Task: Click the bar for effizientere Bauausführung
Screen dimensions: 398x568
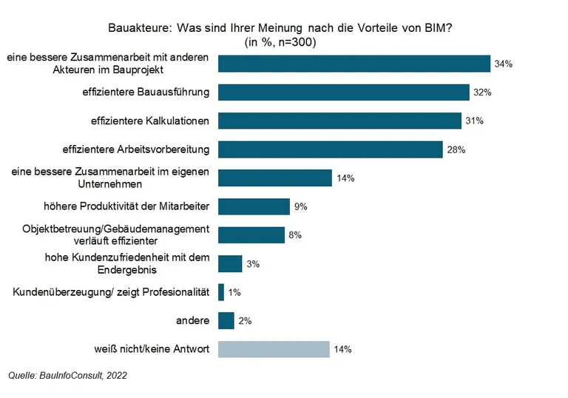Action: (x=344, y=92)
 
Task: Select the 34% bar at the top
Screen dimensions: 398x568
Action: (x=354, y=64)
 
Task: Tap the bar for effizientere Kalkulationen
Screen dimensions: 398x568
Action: (x=340, y=121)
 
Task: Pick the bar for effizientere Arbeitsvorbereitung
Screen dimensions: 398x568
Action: (x=331, y=149)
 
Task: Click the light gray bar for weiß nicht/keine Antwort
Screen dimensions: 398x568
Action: (x=274, y=349)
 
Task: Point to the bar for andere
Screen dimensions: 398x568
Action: (x=226, y=321)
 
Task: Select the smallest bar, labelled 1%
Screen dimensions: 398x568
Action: (x=221, y=292)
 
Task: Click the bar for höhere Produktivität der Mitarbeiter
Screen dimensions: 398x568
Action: (x=254, y=206)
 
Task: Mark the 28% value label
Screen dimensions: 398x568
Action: (x=456, y=149)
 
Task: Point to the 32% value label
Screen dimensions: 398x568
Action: (x=483, y=92)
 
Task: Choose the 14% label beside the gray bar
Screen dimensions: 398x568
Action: (x=343, y=349)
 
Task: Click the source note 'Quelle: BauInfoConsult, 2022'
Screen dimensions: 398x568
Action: (x=67, y=376)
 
